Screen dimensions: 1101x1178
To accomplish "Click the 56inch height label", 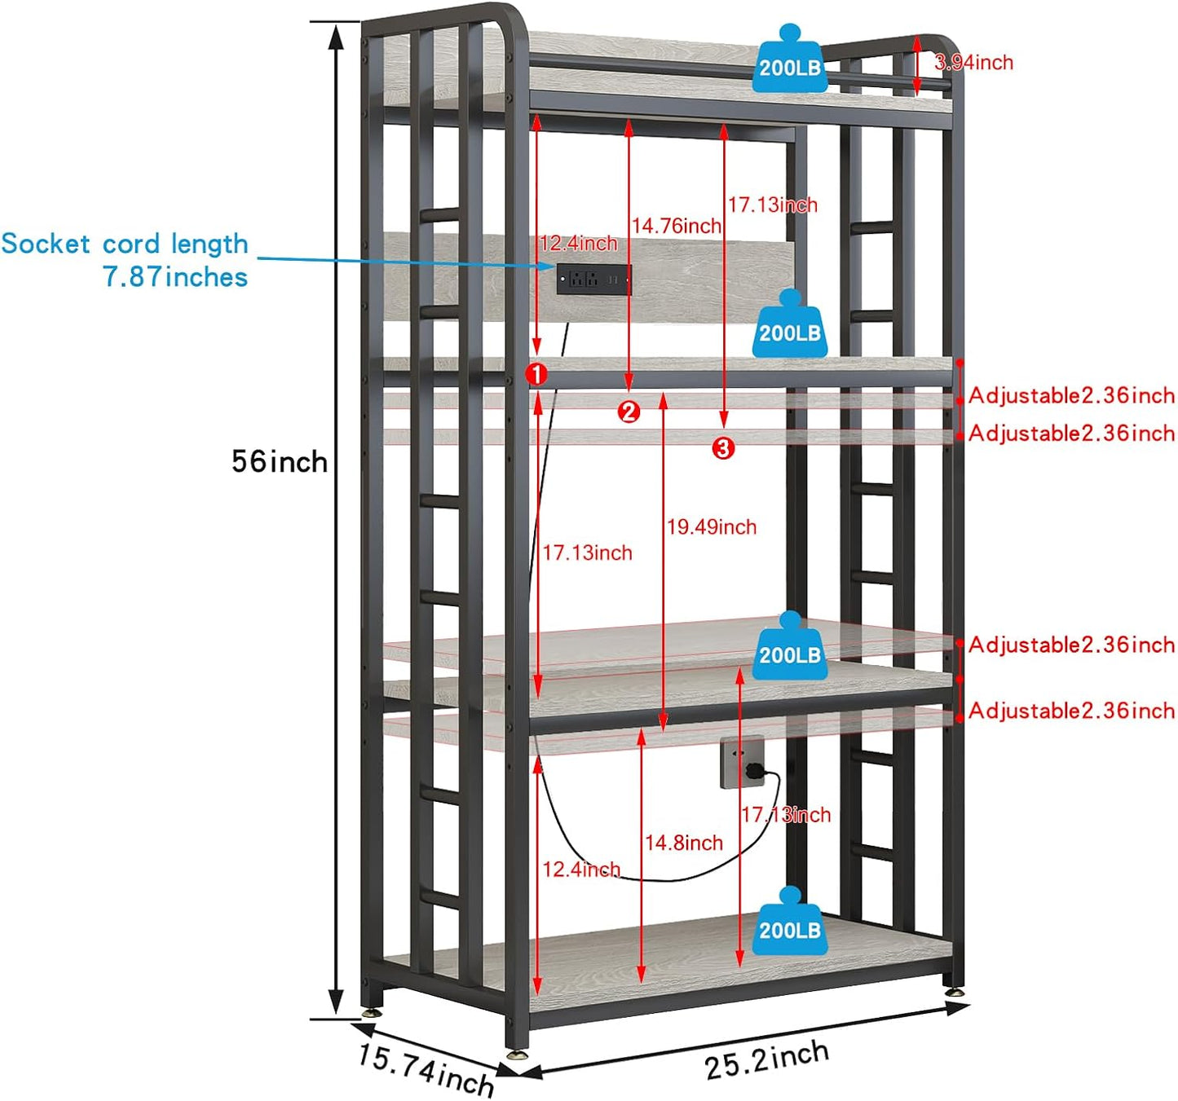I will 279,462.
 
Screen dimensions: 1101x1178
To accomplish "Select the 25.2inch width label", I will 766,1060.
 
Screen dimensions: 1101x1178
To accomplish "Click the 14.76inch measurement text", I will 677,226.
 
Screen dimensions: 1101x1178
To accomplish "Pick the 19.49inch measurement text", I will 712,527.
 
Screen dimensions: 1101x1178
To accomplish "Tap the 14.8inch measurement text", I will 684,843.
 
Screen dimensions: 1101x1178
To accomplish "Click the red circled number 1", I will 536,374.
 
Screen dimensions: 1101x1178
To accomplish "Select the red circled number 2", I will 629,412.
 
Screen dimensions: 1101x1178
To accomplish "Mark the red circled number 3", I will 723,447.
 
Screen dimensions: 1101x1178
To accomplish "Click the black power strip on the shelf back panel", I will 593,280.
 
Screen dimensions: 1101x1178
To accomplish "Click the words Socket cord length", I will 124,244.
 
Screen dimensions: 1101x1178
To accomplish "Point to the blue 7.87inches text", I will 175,277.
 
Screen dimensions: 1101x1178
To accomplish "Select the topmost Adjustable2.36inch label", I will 1071,396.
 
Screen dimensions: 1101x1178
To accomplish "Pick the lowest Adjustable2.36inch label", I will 1071,711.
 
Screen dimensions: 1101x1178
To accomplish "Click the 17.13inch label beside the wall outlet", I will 786,814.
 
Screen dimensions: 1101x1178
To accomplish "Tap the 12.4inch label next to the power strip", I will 579,243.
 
